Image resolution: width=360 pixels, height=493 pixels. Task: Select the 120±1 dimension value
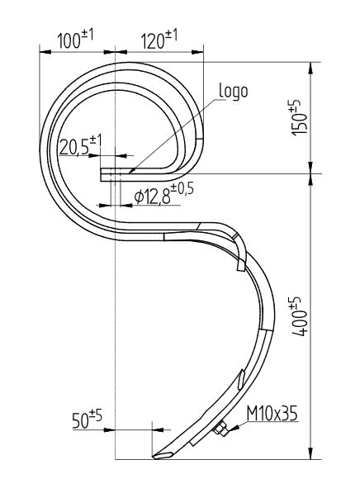(159, 39)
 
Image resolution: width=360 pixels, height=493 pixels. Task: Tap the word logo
(234, 90)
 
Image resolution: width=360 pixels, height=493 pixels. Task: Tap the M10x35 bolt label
(270, 413)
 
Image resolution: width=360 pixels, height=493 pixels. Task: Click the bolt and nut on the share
(220, 429)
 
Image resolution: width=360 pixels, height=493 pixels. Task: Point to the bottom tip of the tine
(154, 457)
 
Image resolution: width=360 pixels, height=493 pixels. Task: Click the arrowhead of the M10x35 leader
(233, 428)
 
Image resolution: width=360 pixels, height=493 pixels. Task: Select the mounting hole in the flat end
(115, 173)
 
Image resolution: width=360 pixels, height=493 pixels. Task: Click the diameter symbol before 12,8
(138, 195)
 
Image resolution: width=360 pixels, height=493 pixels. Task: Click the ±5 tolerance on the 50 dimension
(96, 415)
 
